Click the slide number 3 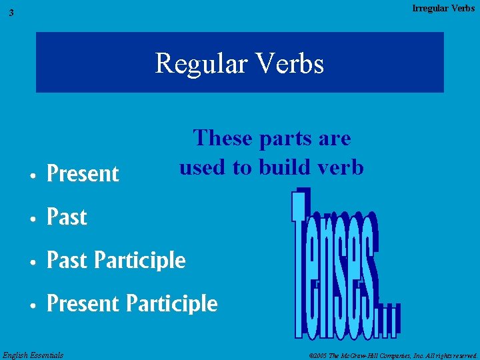(x=11, y=13)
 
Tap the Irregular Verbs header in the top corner (x=443, y=8)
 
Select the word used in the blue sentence (x=203, y=167)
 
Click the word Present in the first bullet (x=83, y=174)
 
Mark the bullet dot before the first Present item (x=33, y=175)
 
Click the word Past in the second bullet (x=67, y=217)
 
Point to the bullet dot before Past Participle (x=33, y=262)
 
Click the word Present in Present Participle (x=83, y=304)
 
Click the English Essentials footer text (x=33, y=355)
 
